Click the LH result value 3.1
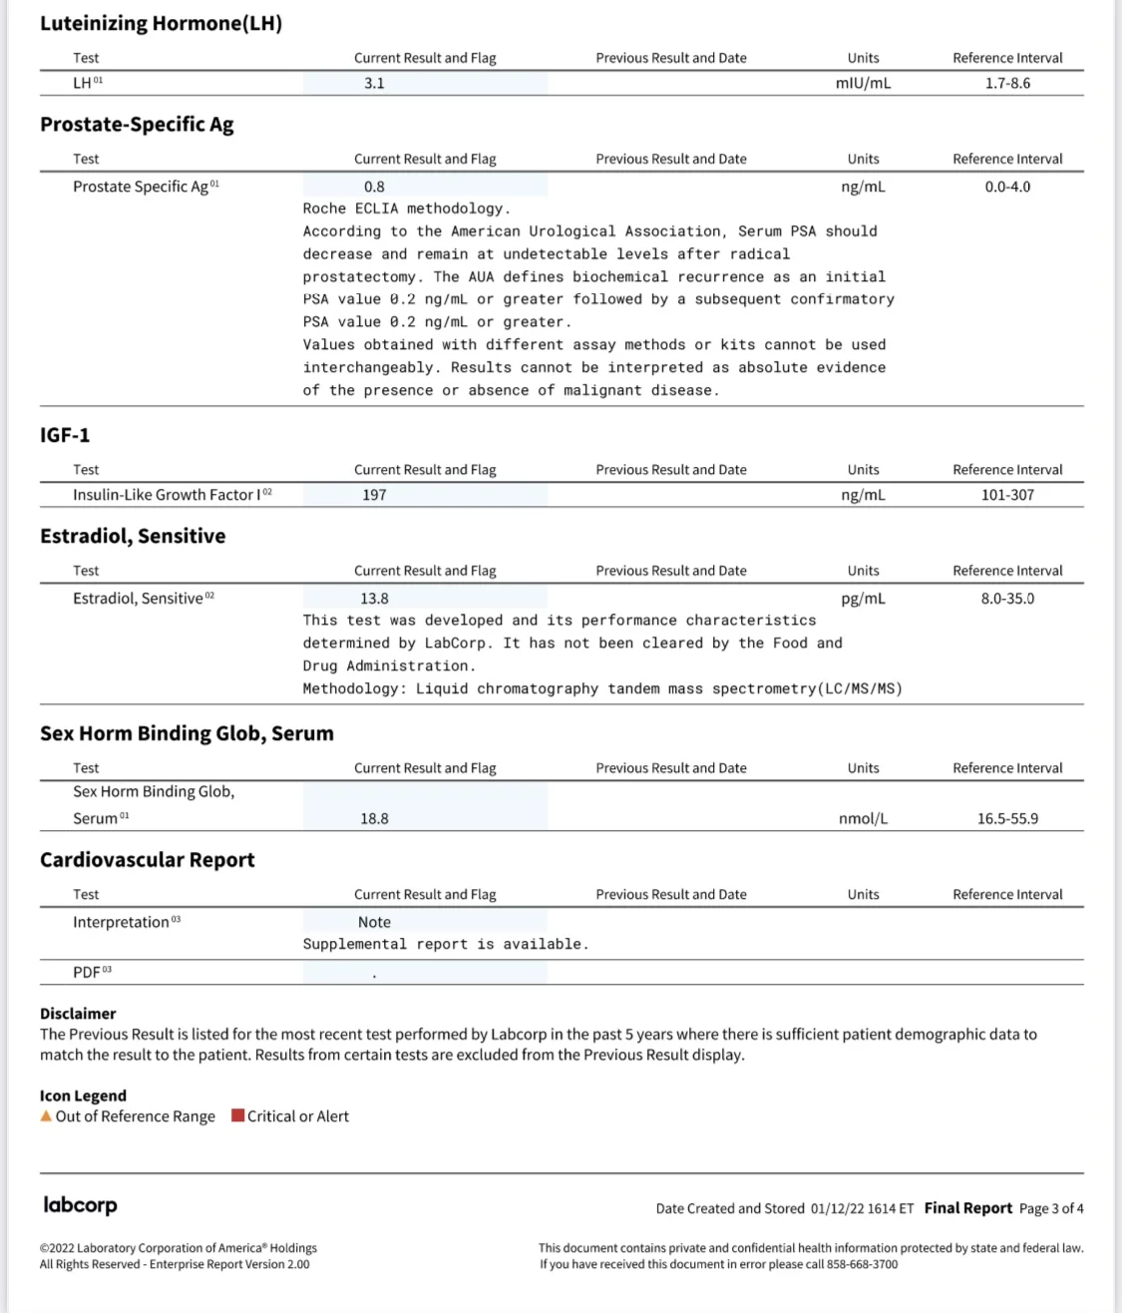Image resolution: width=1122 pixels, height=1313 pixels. click(x=374, y=83)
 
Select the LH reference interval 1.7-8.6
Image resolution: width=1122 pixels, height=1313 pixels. click(x=1007, y=83)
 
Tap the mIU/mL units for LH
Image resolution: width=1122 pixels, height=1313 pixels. click(x=863, y=83)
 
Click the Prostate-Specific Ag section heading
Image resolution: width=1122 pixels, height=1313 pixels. click(x=137, y=125)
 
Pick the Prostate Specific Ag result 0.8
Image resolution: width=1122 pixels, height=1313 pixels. click(x=374, y=187)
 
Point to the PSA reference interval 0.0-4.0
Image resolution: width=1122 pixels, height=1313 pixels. click(x=1007, y=187)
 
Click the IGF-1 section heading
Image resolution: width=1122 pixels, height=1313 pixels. click(x=65, y=435)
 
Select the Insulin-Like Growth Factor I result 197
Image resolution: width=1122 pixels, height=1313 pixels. click(x=374, y=495)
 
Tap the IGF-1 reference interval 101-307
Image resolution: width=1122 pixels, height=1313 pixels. click(x=1007, y=495)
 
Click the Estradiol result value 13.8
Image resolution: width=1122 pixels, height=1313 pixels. click(x=374, y=599)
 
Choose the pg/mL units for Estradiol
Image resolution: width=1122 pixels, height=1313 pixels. click(x=863, y=599)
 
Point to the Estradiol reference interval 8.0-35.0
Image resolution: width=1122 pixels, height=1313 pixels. click(x=1007, y=599)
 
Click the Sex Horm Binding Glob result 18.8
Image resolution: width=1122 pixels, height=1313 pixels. click(x=374, y=819)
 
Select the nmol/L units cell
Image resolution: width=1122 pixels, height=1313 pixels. click(x=863, y=819)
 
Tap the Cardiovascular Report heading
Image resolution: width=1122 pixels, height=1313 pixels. click(x=148, y=860)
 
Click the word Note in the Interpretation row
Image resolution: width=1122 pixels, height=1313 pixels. click(x=374, y=923)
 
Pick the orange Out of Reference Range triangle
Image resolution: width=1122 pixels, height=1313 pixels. click(x=46, y=1116)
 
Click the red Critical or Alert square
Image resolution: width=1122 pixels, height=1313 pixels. click(x=238, y=1115)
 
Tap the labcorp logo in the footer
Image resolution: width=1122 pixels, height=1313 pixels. click(x=80, y=1205)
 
